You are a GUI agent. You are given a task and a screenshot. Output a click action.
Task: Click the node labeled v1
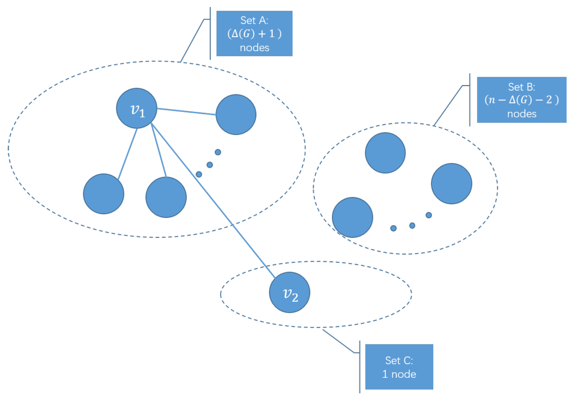click(136, 108)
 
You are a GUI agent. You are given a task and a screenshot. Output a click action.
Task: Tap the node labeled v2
click(290, 292)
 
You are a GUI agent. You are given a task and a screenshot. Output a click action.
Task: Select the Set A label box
click(254, 33)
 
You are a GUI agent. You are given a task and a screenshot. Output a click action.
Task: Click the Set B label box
click(521, 100)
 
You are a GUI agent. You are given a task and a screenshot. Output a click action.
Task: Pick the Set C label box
click(399, 367)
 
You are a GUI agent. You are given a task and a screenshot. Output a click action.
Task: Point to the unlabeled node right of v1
click(236, 115)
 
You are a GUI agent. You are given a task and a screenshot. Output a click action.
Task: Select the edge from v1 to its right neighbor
click(186, 112)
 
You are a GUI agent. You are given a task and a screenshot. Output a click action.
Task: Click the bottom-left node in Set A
click(103, 194)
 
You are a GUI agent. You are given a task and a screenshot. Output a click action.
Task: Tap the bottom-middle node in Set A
click(166, 197)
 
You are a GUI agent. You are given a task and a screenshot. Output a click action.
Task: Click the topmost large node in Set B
click(385, 153)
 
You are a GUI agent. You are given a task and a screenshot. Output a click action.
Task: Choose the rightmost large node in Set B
click(451, 184)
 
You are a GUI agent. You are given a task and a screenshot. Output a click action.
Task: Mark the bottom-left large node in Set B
click(352, 217)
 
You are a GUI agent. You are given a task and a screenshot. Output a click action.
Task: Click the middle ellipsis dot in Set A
click(210, 165)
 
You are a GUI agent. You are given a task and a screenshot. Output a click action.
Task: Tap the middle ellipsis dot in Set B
click(412, 225)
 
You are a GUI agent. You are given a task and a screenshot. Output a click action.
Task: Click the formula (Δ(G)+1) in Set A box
click(254, 34)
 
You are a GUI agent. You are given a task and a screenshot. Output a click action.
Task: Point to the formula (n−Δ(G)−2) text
click(521, 100)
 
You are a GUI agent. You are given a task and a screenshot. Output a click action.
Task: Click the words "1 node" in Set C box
click(399, 374)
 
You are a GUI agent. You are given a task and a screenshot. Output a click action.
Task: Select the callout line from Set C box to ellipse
click(338, 341)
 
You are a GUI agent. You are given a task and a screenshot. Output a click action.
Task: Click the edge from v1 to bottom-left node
click(128, 154)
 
